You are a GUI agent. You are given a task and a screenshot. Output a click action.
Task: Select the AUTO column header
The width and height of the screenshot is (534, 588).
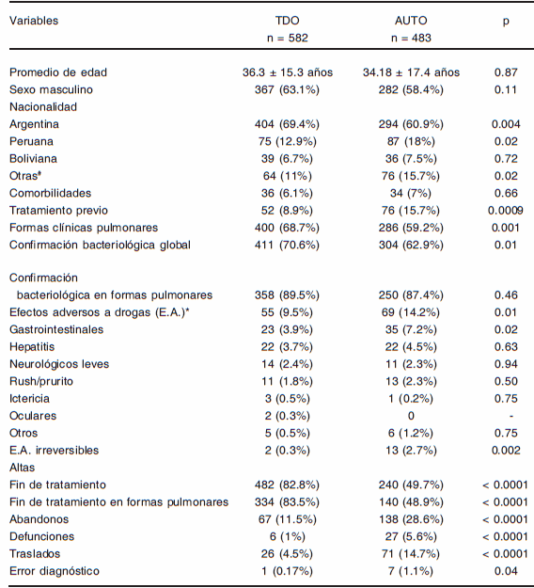pyautogui.click(x=411, y=21)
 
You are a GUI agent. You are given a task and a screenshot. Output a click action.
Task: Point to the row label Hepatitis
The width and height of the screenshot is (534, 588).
pyautogui.click(x=33, y=347)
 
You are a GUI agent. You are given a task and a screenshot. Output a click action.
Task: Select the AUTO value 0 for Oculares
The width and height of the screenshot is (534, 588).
pyautogui.click(x=411, y=416)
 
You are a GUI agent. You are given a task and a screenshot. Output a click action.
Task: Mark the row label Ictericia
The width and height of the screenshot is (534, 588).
pyautogui.click(x=31, y=399)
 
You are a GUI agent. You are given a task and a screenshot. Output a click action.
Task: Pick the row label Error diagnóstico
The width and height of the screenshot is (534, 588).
pyautogui.click(x=54, y=571)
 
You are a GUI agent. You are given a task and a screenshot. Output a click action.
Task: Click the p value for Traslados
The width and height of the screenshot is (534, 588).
pyautogui.click(x=506, y=554)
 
